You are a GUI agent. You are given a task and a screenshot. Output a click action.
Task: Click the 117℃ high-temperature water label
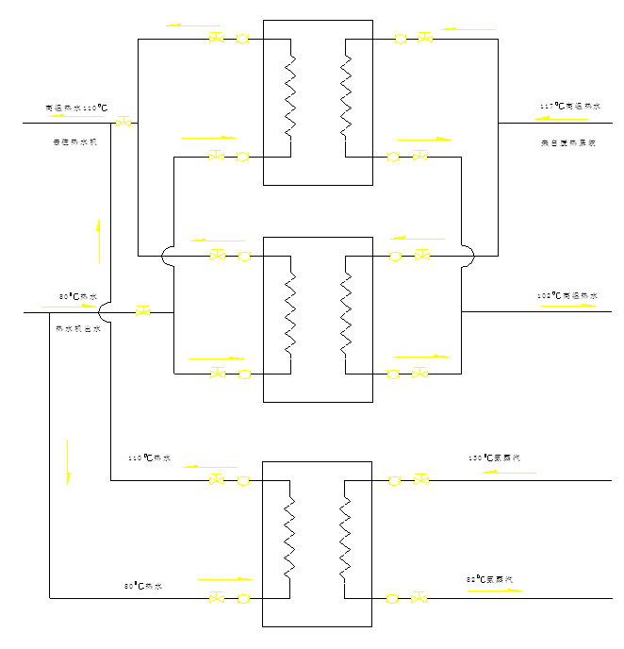pyautogui.click(x=569, y=107)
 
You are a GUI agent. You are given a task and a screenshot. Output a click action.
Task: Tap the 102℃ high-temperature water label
pyautogui.click(x=567, y=296)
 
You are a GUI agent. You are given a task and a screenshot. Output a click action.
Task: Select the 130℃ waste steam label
pyautogui.click(x=494, y=458)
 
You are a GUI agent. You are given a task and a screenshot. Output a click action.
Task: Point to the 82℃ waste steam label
pyautogui.click(x=493, y=578)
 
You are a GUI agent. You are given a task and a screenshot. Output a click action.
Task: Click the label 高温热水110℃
pyautogui.click(x=75, y=108)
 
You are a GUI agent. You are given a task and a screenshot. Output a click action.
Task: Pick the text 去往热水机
pyautogui.click(x=74, y=142)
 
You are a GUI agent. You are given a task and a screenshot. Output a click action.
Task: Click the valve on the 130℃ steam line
pyautogui.click(x=421, y=480)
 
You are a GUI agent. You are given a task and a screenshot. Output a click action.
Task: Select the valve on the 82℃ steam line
pyautogui.click(x=419, y=598)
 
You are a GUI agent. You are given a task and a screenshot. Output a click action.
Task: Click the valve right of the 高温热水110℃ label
pyautogui.click(x=123, y=123)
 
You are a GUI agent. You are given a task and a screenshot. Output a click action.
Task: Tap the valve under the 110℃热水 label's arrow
pyautogui.click(x=216, y=480)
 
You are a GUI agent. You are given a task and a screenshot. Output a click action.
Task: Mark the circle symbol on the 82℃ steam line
pyautogui.click(x=393, y=598)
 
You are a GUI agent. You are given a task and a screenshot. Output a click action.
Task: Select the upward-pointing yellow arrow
pyautogui.click(x=99, y=241)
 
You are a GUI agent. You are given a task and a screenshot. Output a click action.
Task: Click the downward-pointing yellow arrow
pyautogui.click(x=68, y=461)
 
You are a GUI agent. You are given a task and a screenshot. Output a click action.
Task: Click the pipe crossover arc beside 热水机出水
pyautogui.click(x=104, y=311)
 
